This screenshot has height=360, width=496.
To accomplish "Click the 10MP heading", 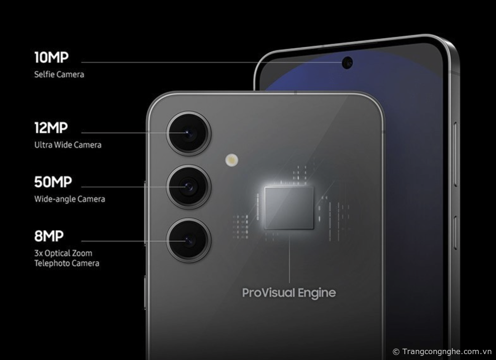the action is [51, 57].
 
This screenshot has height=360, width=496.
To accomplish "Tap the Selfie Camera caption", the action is [59, 75].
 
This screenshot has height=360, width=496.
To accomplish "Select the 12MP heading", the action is [51, 128].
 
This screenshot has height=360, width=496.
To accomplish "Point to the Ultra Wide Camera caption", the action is [68, 145].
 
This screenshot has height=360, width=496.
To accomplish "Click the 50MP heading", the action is [53, 182].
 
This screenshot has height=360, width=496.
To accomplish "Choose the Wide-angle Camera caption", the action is [70, 199].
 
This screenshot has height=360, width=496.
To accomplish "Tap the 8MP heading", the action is [49, 236].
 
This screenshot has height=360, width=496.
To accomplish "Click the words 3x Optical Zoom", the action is [63, 253].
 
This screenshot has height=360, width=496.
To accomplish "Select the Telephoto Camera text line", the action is [67, 263].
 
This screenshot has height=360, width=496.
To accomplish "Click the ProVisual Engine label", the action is [289, 293].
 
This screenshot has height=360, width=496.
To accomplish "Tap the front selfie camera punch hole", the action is [347, 63].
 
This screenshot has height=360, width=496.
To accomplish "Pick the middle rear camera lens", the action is [189, 187].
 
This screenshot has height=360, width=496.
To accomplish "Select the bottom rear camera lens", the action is [189, 240].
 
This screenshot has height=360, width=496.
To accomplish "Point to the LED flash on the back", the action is [232, 160].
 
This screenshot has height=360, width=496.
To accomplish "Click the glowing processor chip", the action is [289, 208].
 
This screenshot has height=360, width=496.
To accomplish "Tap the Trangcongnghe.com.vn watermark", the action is [447, 351].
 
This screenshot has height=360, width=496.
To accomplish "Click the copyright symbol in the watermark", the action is [396, 352].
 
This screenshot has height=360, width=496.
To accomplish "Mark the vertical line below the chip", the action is [290, 256].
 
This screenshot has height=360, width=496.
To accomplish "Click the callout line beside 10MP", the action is [212, 62].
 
